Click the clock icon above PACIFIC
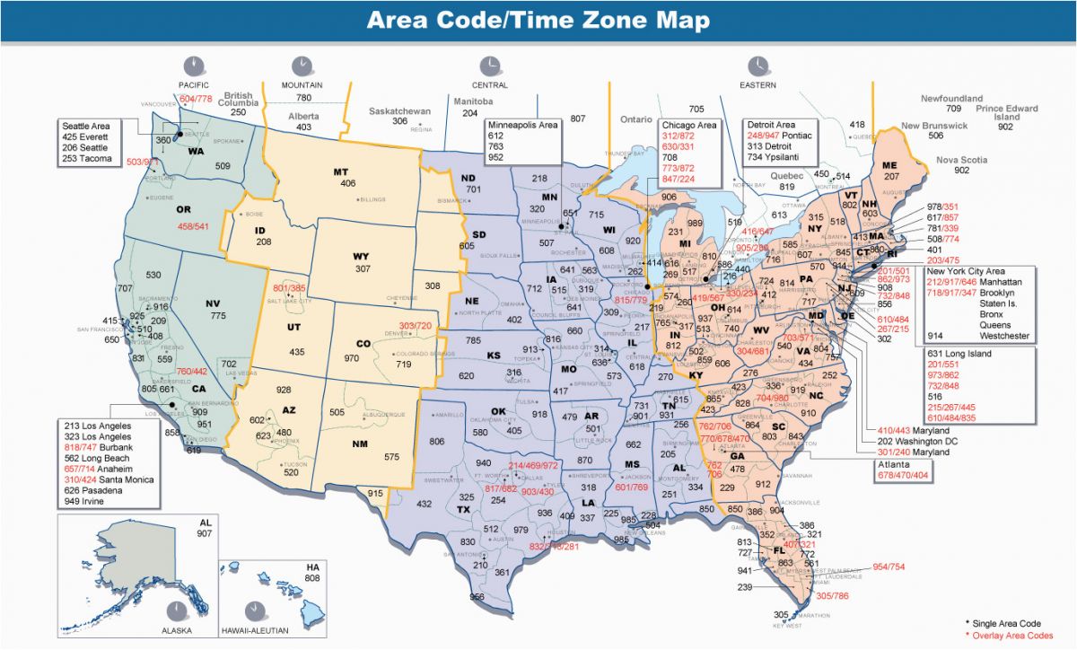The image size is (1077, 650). coord(193,66)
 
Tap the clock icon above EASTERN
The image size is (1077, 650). coord(758,66)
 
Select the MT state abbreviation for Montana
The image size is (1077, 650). coord(340,171)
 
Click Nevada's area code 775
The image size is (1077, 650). coord(217,315)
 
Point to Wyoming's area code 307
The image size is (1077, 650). coord(362,268)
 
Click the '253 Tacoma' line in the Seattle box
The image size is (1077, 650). coord(87,159)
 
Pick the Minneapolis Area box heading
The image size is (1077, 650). coord(522,124)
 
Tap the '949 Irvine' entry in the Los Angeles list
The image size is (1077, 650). coord(84,501)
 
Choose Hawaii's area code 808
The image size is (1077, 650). coord(312,577)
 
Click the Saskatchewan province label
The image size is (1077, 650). coord(400,110)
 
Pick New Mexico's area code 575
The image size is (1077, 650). coord(390,457)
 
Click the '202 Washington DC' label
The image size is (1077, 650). coord(931,441)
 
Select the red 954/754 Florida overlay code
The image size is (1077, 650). coord(889,567)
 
